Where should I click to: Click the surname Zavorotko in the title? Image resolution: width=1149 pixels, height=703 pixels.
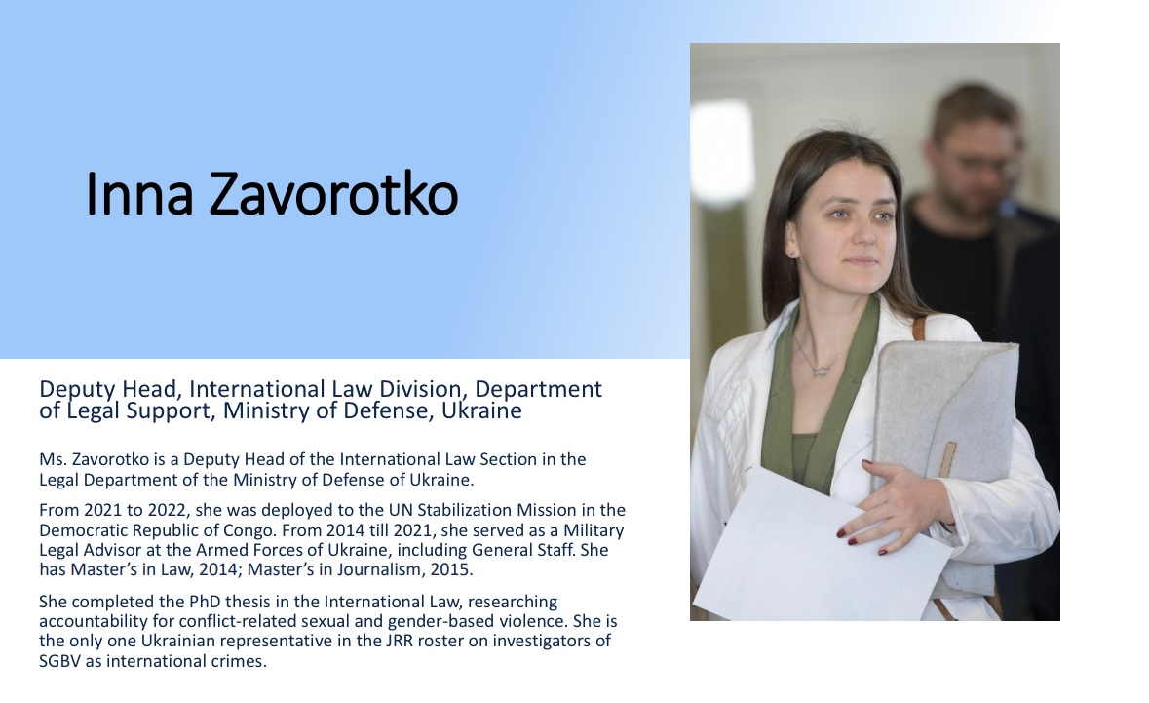coord(333,194)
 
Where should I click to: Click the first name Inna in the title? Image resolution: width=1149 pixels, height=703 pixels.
coord(139,194)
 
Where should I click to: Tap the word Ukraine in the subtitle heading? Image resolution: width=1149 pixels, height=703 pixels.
coord(481,410)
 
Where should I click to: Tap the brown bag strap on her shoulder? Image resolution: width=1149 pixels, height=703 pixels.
coord(919,327)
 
